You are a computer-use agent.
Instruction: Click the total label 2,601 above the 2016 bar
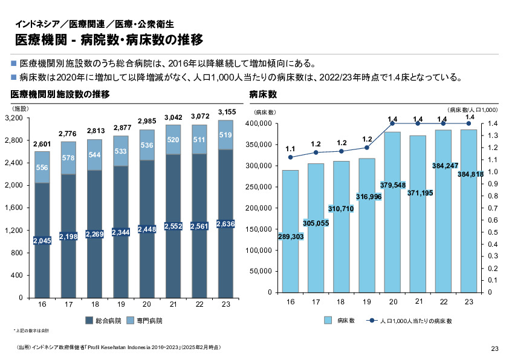(x=42, y=144)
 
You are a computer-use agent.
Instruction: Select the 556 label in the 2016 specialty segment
(x=42, y=167)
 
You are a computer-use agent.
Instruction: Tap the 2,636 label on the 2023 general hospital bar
(x=225, y=224)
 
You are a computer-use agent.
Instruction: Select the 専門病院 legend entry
(x=145, y=321)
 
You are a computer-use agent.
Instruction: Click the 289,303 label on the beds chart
(x=290, y=237)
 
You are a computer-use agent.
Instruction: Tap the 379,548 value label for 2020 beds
(x=393, y=185)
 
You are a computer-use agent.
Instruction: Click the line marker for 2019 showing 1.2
(x=367, y=148)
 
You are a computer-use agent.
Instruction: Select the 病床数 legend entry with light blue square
(x=340, y=321)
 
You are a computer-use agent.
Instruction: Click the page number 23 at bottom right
(x=494, y=348)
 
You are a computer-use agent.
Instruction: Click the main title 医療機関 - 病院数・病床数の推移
(x=109, y=40)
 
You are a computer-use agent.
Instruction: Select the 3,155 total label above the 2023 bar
(x=225, y=111)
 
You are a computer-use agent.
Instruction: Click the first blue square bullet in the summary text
(x=14, y=63)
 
